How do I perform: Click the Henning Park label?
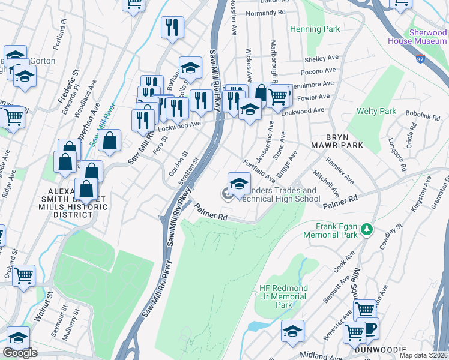coord(315,29)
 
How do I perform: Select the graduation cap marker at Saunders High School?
coord(239,183)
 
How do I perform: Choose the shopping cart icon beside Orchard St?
coord(23,276)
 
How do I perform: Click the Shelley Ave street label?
coord(319,59)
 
